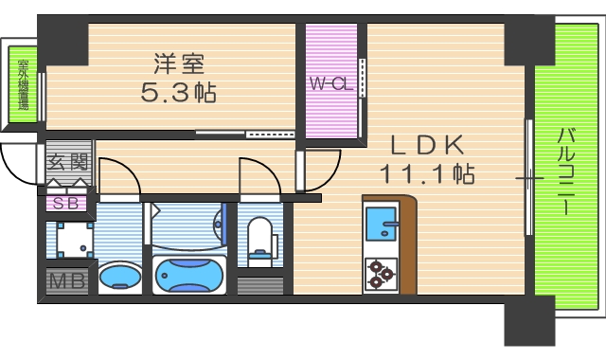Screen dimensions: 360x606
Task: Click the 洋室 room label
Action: pyautogui.click(x=179, y=63)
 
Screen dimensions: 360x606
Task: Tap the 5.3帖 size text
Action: pyautogui.click(x=179, y=92)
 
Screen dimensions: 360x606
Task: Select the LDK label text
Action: pyautogui.click(x=428, y=145)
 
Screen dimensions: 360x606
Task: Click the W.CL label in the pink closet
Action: pyautogui.click(x=330, y=83)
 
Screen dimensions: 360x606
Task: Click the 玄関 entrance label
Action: pyautogui.click(x=68, y=162)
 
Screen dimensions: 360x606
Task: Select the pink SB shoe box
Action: pyautogui.click(x=65, y=202)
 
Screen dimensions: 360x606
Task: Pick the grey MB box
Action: pyautogui.click(x=66, y=281)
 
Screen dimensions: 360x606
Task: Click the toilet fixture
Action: pyautogui.click(x=258, y=237)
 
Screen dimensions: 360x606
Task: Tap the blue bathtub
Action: pyautogui.click(x=189, y=276)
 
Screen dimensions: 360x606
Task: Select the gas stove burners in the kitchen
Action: pyautogui.click(x=381, y=273)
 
